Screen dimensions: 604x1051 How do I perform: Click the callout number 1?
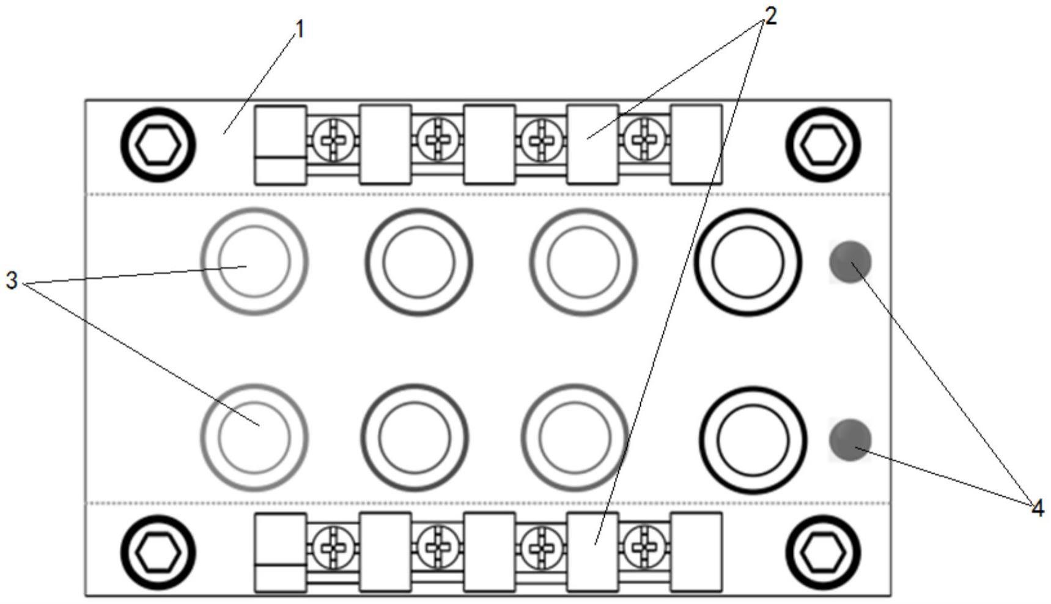299,29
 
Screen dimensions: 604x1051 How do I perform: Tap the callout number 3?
12,281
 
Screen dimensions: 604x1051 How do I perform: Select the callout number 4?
1037,508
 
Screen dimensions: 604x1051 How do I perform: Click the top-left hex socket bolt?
158,145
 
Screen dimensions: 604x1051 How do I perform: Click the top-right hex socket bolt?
823,145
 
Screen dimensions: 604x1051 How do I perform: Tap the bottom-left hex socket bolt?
158,552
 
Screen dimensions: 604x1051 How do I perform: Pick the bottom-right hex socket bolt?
823,552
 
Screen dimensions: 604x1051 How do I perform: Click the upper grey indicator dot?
850,262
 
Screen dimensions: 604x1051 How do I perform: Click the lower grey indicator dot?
850,440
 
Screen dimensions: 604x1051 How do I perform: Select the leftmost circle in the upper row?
254,262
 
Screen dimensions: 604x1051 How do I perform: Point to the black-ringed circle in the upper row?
747,262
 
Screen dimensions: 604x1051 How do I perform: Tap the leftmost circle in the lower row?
254,438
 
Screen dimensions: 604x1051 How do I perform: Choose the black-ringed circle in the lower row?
753,440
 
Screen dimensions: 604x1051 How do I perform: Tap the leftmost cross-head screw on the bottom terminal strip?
333,547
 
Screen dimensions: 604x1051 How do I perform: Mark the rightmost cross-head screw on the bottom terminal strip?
644,547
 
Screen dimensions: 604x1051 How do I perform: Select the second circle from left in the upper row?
419,262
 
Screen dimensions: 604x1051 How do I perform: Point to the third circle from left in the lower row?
575,438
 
